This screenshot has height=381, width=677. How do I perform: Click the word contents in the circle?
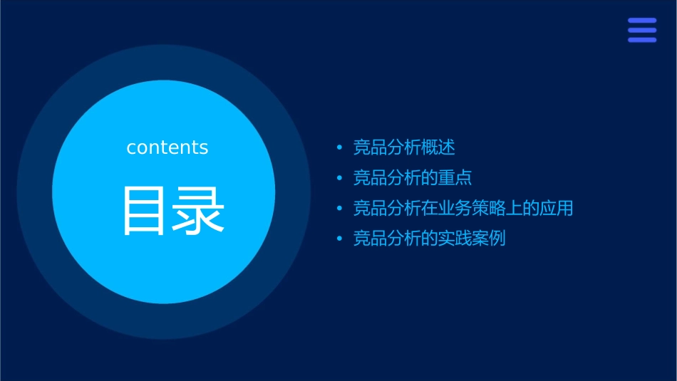point(167,147)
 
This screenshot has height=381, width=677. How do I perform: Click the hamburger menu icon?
point(642,30)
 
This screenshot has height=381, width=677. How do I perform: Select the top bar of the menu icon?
point(642,21)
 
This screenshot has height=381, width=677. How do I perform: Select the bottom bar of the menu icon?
point(642,40)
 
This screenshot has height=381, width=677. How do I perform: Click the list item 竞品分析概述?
point(404,147)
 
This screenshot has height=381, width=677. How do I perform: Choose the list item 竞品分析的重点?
point(413,178)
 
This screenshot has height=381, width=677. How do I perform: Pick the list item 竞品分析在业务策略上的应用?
point(463,209)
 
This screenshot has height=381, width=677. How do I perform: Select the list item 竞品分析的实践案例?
point(429,239)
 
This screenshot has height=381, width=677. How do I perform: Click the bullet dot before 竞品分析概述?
point(339,148)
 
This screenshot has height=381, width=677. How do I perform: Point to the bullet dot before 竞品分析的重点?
point(339,178)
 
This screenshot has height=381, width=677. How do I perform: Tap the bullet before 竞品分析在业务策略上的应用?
point(339,209)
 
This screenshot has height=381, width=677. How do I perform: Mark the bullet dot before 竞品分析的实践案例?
point(339,239)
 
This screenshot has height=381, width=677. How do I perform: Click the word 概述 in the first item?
point(438,147)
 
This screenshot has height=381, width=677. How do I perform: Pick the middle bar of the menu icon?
point(642,30)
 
